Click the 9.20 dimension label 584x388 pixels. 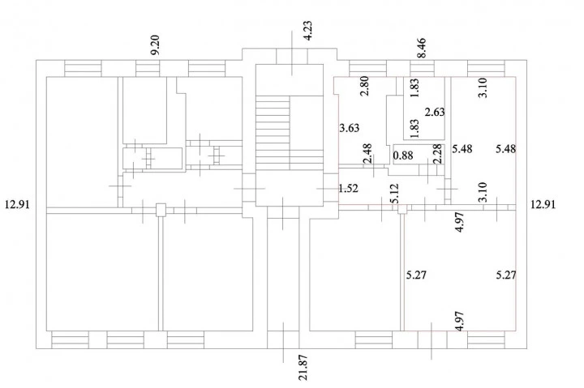pyautogui.click(x=155, y=45)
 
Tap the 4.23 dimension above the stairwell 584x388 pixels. pyautogui.click(x=307, y=31)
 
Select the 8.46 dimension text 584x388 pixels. pyautogui.click(x=422, y=48)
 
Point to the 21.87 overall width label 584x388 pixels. pyautogui.click(x=303, y=367)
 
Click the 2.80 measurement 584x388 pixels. pyautogui.click(x=365, y=86)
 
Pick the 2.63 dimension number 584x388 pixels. pyautogui.click(x=435, y=112)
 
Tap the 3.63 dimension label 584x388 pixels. pyautogui.click(x=350, y=128)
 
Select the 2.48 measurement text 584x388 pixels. pyautogui.click(x=367, y=153)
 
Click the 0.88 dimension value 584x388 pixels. pyautogui.click(x=403, y=156)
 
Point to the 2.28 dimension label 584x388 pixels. pyautogui.click(x=438, y=154)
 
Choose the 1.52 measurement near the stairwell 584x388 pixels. pyautogui.click(x=348, y=189)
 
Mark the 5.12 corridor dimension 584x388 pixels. pyautogui.click(x=395, y=193)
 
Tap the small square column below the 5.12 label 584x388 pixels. pyautogui.click(x=402, y=209)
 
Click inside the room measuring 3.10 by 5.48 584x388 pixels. pyautogui.click(x=483, y=141)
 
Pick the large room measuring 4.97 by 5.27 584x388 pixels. pyautogui.click(x=461, y=271)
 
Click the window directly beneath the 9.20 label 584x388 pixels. pyautogui.click(x=148, y=68)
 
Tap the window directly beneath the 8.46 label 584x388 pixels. pyautogui.click(x=422, y=68)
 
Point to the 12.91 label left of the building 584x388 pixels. pyautogui.click(x=17, y=205)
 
